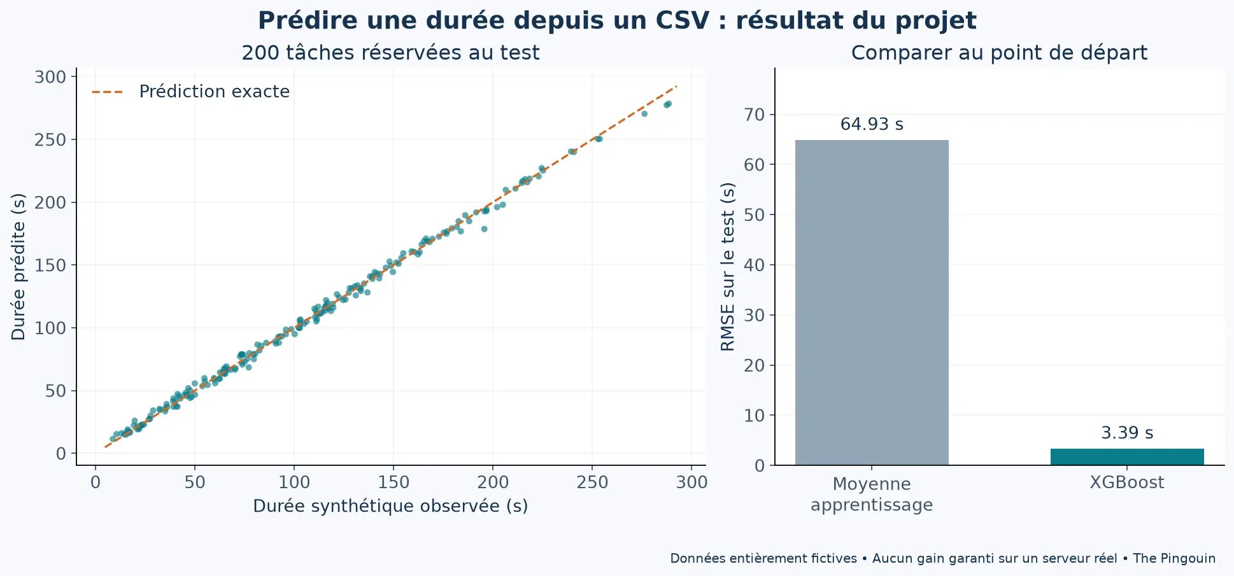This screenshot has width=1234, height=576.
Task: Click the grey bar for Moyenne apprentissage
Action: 872,302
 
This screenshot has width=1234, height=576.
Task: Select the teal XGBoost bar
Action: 1127,457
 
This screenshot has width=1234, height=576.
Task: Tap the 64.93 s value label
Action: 872,124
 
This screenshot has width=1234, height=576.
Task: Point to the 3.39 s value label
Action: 1127,433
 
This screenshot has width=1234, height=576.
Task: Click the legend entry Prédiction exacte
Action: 190,92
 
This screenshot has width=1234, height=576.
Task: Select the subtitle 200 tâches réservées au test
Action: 390,52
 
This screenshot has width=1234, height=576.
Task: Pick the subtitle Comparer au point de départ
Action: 999,52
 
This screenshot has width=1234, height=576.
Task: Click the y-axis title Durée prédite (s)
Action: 18,267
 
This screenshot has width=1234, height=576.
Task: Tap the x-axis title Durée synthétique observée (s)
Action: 390,506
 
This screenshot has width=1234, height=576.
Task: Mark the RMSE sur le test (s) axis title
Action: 728,267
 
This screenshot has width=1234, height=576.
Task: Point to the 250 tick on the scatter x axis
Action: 592,482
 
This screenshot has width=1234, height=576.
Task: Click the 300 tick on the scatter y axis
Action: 50,77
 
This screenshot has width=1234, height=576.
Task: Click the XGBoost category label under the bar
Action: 1127,482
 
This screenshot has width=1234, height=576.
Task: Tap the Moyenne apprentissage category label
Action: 872,494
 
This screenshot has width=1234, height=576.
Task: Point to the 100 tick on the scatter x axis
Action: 294,482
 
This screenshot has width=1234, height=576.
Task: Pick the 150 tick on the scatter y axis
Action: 50,265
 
